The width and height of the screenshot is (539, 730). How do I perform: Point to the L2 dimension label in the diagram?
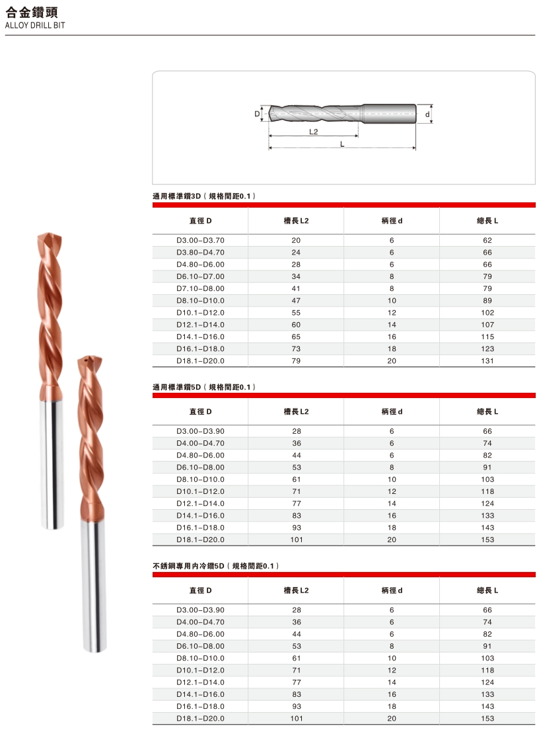313,132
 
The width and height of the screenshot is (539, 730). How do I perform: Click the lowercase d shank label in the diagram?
427,114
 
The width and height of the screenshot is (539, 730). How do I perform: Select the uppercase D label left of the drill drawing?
257,114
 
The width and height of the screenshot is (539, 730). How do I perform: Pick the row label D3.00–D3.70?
200,240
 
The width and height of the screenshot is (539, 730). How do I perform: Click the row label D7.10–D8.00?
200,288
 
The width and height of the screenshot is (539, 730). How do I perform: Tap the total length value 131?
487,361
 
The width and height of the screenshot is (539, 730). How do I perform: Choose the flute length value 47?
296,301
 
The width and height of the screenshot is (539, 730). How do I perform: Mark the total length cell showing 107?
487,325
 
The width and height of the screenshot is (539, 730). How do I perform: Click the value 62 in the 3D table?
487,240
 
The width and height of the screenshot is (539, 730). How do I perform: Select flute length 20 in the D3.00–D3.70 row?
296,240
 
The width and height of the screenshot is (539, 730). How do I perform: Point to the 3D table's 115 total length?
487,337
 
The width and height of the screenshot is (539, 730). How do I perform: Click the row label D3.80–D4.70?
200,253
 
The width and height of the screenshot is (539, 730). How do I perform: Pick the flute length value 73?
296,348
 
